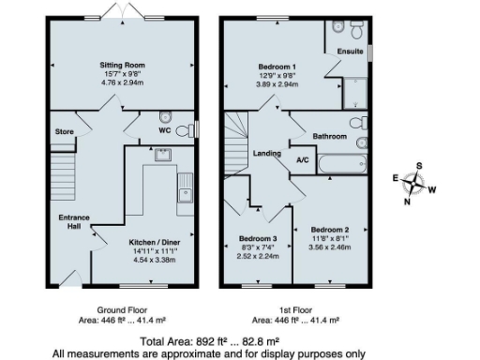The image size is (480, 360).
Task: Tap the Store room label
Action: [x=64, y=131]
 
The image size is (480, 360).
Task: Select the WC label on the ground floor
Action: [x=163, y=130]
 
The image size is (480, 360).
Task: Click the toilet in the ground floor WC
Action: [x=165, y=117]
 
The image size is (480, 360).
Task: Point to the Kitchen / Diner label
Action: [x=157, y=241]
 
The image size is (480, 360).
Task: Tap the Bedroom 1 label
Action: [x=277, y=66]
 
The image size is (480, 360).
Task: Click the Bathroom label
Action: [x=330, y=136]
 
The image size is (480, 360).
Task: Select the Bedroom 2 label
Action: [x=330, y=230]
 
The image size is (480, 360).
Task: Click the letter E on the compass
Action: [x=395, y=177]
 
